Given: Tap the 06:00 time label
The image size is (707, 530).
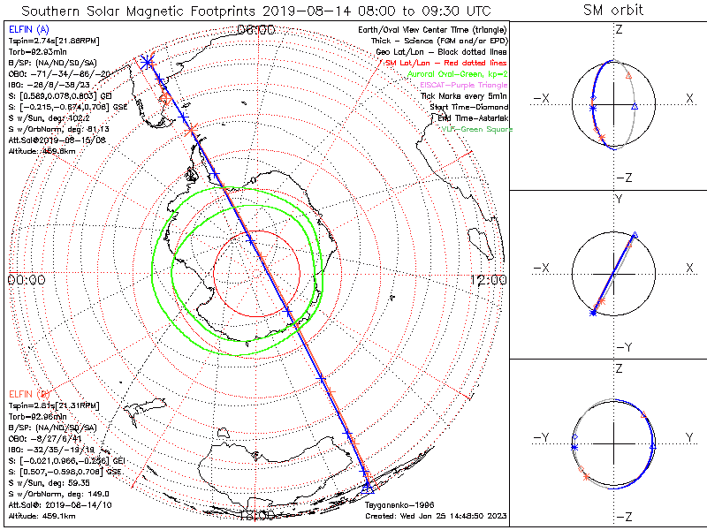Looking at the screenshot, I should point(257,29).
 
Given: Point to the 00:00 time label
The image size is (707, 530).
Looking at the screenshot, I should point(26,280).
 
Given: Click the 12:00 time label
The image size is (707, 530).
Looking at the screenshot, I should point(488,280).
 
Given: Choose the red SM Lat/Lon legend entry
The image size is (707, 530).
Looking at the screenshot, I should point(446,64).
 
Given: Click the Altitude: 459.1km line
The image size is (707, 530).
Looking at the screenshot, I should point(40,514).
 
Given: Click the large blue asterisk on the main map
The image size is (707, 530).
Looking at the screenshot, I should point(148,61).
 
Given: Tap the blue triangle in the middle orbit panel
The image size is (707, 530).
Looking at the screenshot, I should point(635,235).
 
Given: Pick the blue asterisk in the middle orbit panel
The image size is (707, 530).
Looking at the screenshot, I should point(591,312).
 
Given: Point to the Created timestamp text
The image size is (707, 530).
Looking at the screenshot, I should point(436,514).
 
